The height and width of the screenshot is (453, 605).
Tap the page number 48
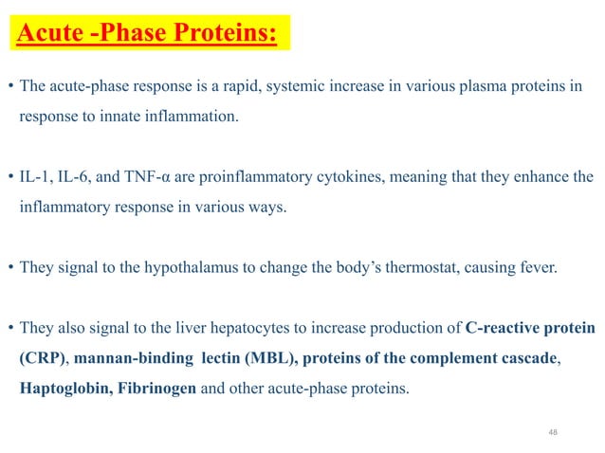pos(555,432)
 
